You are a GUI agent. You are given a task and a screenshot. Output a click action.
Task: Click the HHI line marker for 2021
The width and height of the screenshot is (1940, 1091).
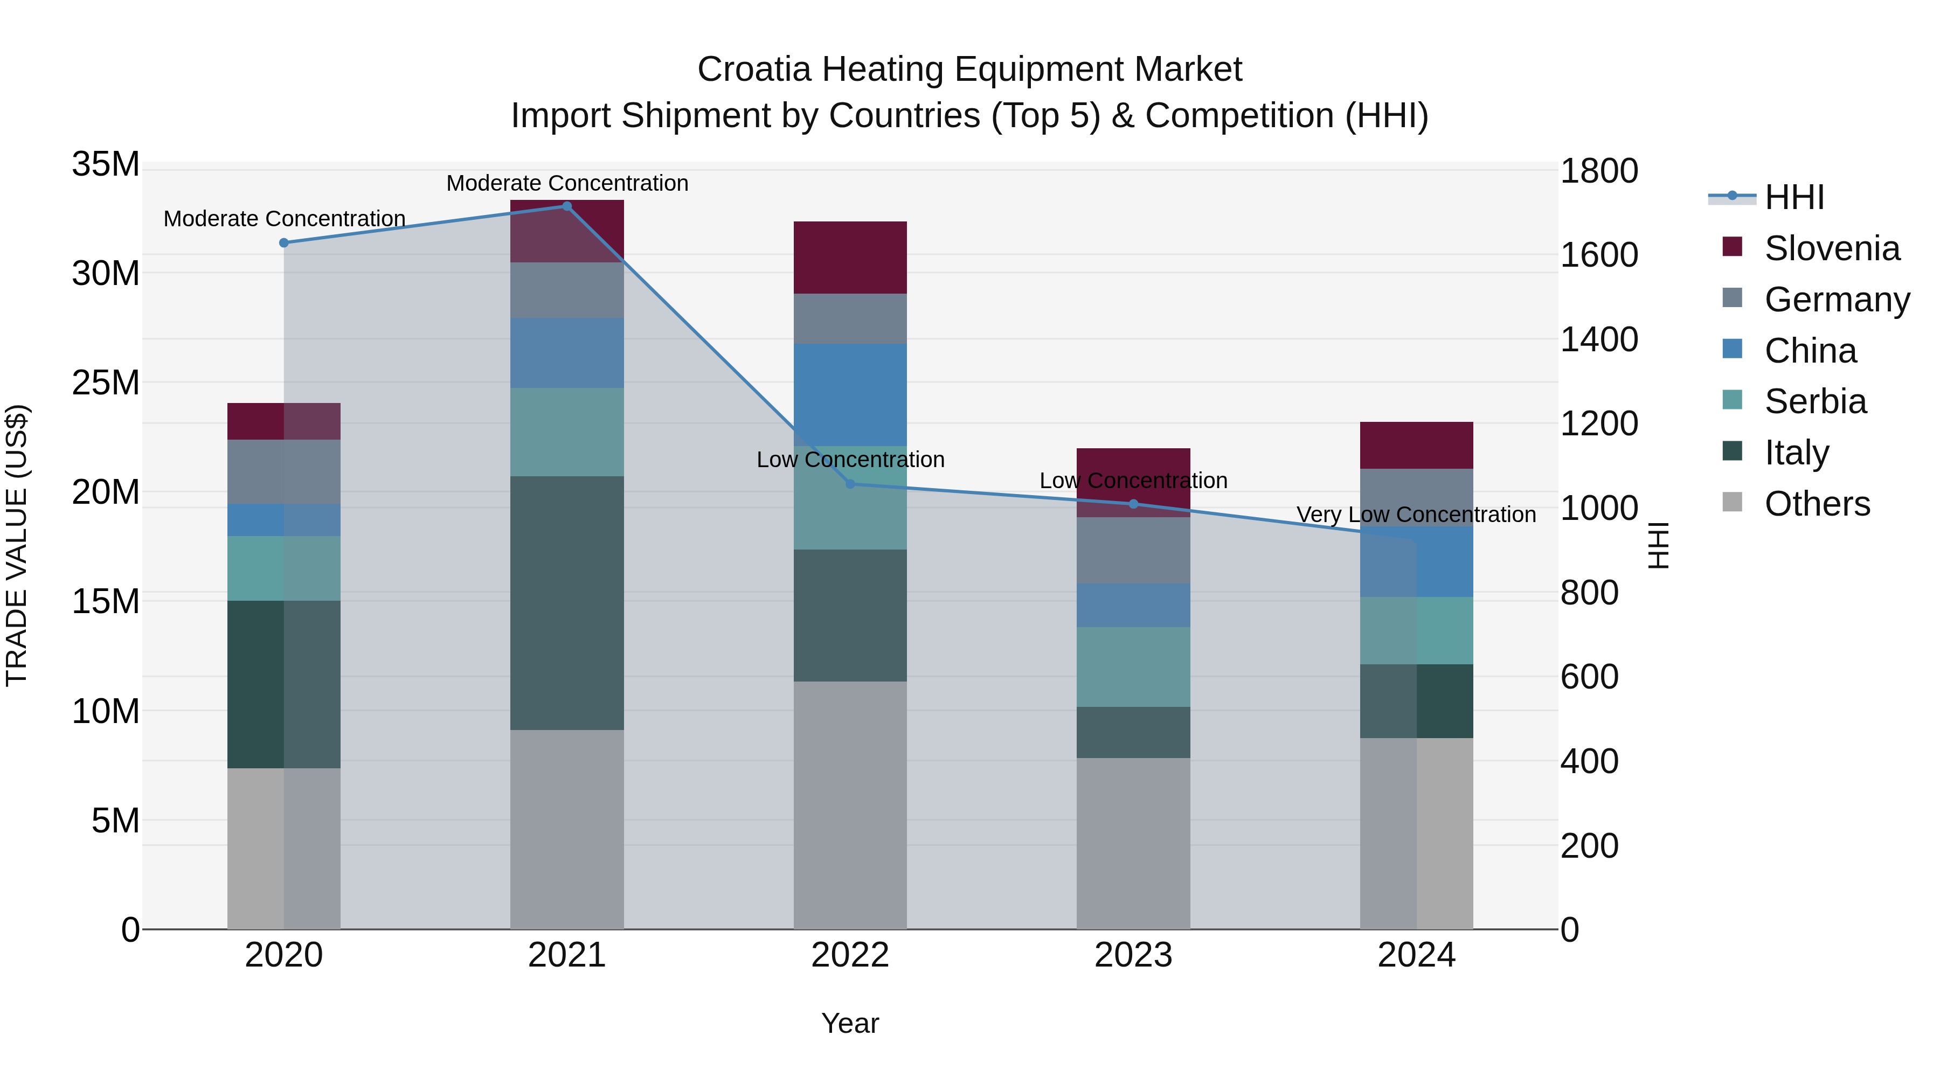coord(567,206)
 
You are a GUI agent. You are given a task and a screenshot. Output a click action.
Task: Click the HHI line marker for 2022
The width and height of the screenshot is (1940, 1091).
coord(850,484)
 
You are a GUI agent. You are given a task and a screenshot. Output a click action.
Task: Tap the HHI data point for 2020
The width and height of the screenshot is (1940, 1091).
coord(284,242)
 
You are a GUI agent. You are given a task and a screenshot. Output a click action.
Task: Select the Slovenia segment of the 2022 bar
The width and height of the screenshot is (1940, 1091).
coord(850,258)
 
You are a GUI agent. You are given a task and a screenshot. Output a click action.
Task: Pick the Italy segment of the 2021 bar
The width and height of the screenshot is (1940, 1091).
coord(567,602)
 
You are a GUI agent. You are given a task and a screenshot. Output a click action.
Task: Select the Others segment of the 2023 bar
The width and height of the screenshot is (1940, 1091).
coord(1133,843)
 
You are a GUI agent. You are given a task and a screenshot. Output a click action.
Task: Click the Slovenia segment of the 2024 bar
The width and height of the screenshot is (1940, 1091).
coord(1417,445)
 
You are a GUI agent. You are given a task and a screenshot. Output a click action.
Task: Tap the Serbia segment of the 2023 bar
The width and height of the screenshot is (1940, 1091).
coord(1133,666)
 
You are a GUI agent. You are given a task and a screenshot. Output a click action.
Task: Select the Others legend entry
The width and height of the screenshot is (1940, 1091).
coord(1817,504)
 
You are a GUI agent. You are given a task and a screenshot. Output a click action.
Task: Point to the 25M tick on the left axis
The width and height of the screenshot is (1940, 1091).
coord(106,383)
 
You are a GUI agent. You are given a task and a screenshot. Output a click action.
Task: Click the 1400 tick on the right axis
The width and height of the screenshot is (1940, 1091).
coord(1598,339)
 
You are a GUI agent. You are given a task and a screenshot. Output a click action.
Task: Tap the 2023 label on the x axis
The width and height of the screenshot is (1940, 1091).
coord(1133,955)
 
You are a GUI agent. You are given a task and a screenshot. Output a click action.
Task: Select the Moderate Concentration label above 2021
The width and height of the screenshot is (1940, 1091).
coord(567,183)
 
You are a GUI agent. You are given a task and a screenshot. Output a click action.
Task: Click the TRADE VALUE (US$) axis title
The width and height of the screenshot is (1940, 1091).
coord(17,545)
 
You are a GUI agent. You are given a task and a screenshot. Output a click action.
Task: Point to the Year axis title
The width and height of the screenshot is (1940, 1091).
coord(850,1023)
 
